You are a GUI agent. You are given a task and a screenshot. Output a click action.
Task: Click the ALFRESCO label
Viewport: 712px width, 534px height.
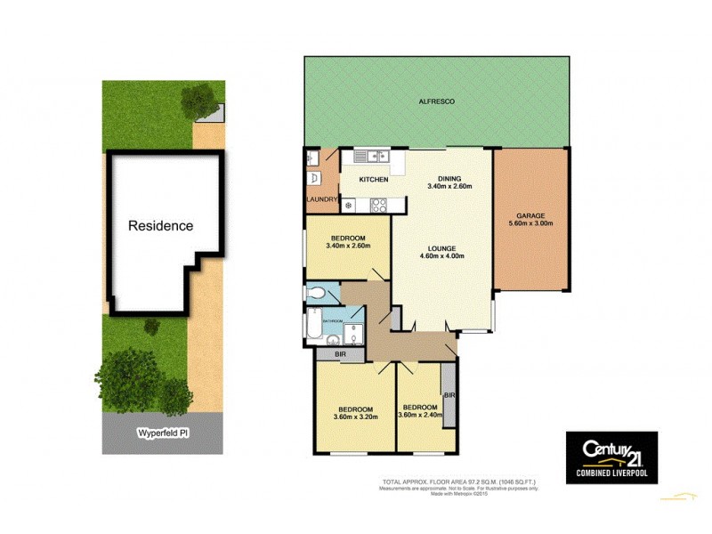(437, 102)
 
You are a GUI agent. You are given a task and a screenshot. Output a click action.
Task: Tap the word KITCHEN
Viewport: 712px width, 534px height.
(374, 180)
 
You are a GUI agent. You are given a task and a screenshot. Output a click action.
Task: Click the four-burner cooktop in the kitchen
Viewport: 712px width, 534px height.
(377, 205)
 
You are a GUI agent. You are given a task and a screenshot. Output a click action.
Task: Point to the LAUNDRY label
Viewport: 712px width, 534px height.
(320, 200)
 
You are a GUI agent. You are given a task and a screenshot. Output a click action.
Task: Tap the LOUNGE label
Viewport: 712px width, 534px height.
(442, 248)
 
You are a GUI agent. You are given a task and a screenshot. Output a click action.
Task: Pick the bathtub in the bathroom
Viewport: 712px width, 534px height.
(314, 327)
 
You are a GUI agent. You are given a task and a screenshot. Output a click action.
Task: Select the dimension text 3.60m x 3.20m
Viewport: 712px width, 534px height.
(355, 417)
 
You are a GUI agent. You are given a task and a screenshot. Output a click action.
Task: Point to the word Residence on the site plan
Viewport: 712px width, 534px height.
(160, 226)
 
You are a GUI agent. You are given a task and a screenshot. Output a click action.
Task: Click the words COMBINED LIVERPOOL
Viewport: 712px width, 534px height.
(612, 467)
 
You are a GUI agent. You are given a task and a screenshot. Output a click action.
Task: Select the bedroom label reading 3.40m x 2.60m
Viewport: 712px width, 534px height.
(347, 247)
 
